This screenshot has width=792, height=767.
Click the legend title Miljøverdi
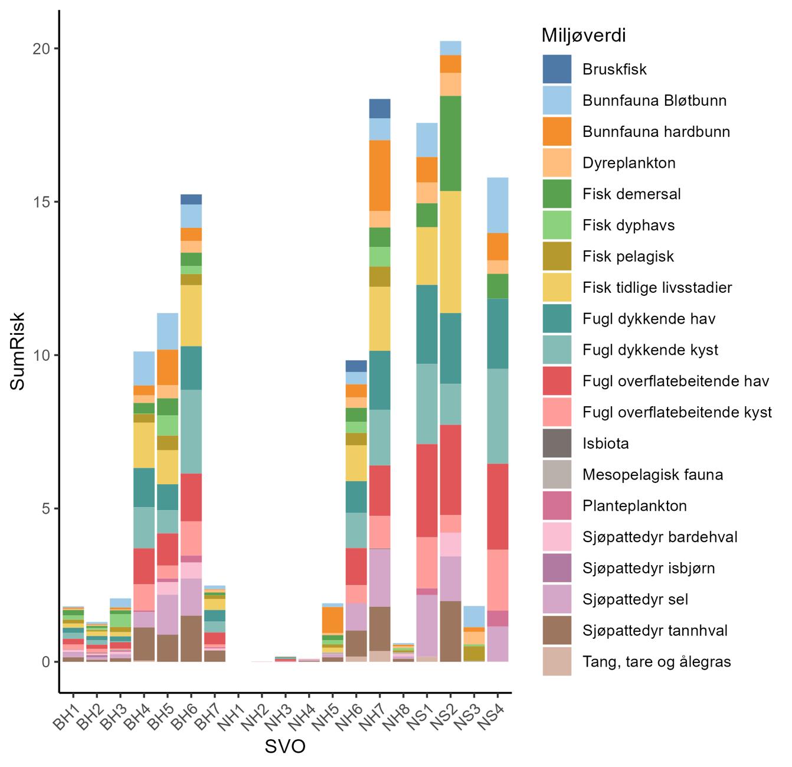click(584, 36)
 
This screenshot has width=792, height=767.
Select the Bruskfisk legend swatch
click(557, 69)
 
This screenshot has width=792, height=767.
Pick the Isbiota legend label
click(606, 443)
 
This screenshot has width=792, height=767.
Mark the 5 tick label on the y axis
click(45, 508)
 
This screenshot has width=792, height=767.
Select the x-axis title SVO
click(285, 747)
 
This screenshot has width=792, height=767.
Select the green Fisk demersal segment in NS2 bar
click(450, 143)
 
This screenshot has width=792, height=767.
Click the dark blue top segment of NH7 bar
click(380, 109)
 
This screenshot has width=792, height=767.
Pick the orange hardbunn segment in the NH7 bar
click(380, 175)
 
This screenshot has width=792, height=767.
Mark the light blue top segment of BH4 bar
click(144, 368)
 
